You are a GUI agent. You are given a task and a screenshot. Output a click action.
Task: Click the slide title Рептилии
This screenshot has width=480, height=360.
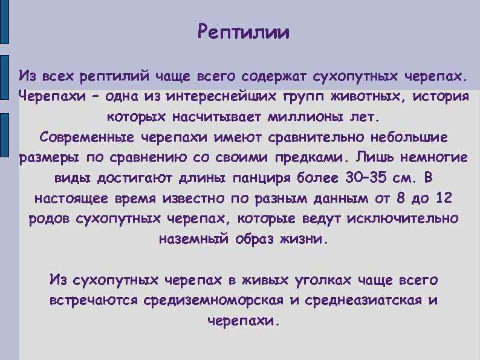point(244,31)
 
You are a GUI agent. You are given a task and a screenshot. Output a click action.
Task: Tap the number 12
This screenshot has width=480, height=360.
point(443,198)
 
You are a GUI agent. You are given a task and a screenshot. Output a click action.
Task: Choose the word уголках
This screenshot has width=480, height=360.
point(324,280)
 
